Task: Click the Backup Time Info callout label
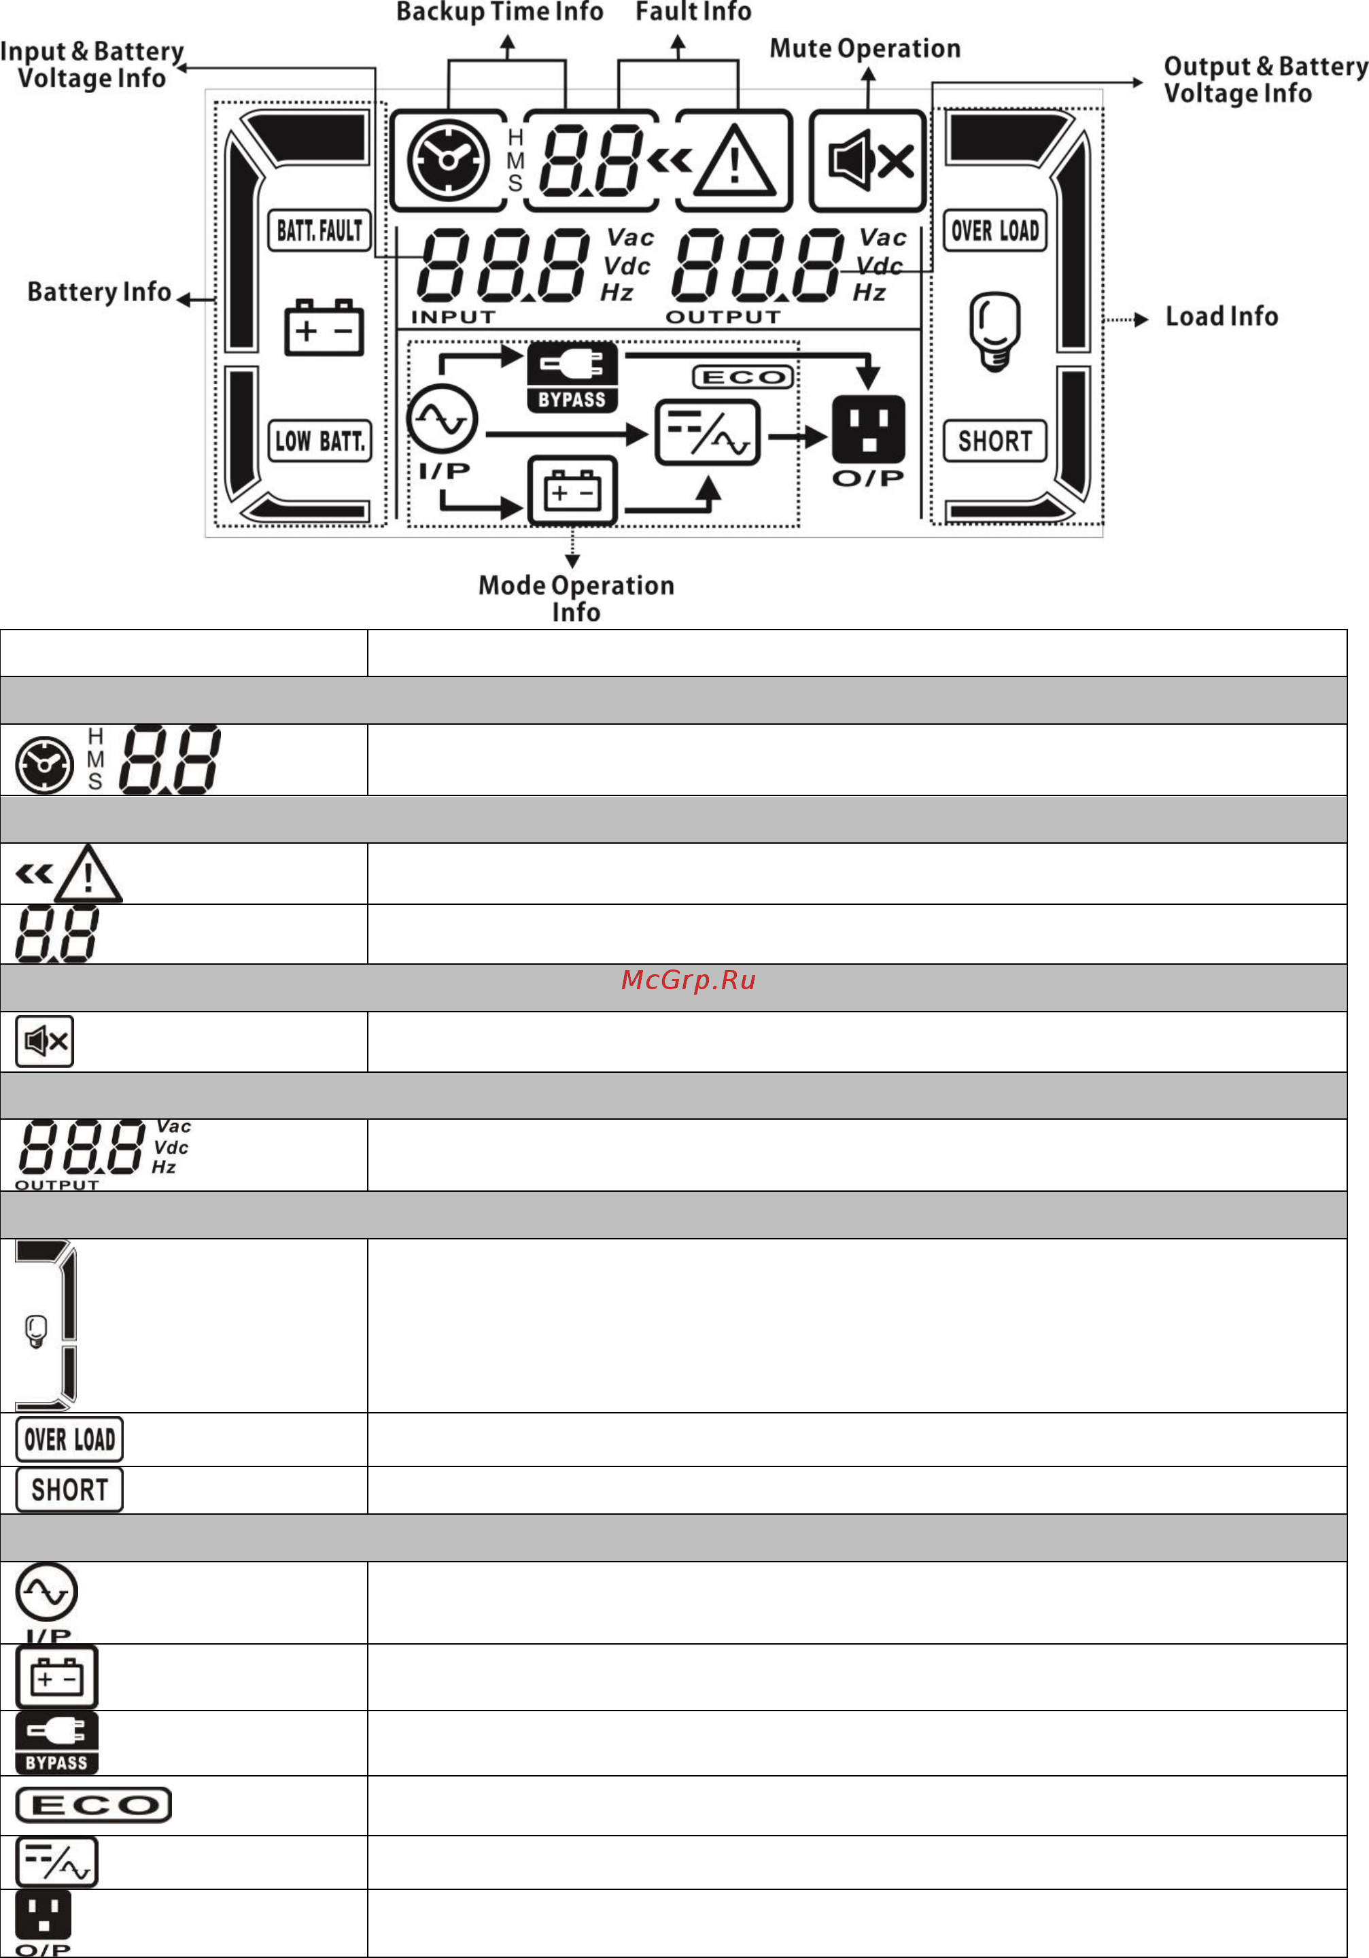tap(500, 12)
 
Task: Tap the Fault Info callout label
tap(693, 12)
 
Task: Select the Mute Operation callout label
tap(865, 48)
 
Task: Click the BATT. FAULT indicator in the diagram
tap(319, 230)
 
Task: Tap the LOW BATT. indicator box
tap(319, 441)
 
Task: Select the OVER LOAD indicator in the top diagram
tap(994, 230)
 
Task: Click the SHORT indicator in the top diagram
tap(994, 441)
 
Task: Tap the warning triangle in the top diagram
tap(734, 160)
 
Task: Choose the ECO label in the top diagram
tap(742, 377)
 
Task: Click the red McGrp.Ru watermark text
tap(689, 980)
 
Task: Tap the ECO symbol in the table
tap(94, 1805)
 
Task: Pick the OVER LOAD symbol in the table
tap(70, 1439)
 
